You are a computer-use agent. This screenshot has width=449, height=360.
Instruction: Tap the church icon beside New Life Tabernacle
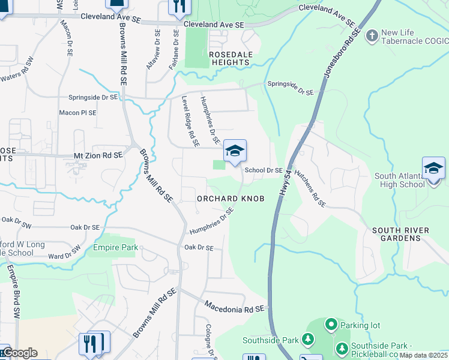point(372,36)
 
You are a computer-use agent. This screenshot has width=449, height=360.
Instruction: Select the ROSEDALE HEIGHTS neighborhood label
point(229,58)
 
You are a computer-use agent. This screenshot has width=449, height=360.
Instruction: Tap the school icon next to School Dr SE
point(235,151)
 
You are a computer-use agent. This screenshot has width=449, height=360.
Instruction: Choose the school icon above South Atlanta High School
point(433,169)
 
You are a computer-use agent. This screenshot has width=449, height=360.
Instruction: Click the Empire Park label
point(115,247)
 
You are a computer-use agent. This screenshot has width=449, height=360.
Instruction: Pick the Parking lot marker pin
point(331,325)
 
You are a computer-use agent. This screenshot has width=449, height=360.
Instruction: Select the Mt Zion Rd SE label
point(98,155)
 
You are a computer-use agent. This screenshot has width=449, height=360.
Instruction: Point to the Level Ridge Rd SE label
point(190,122)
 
